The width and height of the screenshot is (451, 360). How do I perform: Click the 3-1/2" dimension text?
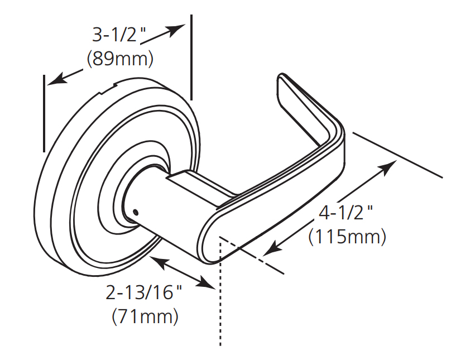118,36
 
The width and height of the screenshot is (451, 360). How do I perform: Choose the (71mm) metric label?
146,316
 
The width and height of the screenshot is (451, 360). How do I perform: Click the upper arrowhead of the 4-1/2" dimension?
390,165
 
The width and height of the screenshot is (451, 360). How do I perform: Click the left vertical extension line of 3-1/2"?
44,112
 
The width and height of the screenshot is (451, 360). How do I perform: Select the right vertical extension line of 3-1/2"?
191,56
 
